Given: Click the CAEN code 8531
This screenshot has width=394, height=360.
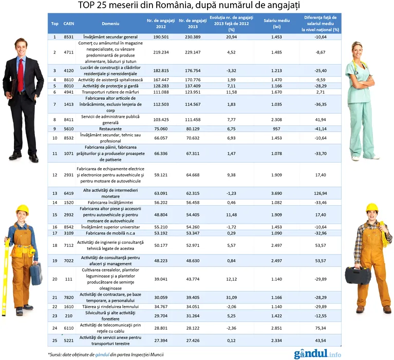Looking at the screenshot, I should [68, 37].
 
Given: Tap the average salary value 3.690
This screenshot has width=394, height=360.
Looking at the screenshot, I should [275, 193].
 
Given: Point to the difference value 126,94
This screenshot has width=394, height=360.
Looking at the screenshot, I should [321, 193].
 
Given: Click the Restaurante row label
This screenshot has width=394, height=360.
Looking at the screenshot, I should [111, 129].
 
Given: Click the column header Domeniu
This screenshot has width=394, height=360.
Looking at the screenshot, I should [110, 24].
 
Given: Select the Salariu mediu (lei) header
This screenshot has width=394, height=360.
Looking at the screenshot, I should [275, 23].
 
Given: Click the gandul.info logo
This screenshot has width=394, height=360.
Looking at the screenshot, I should [317, 354].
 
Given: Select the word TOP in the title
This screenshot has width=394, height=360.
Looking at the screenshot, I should [88, 6].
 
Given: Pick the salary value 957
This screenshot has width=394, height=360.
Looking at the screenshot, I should [275, 129].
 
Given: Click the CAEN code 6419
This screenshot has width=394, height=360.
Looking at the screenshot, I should [68, 193].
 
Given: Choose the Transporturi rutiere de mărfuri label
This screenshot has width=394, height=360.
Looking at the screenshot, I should [111, 92].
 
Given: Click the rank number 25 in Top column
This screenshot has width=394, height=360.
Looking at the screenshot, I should [55, 340].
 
